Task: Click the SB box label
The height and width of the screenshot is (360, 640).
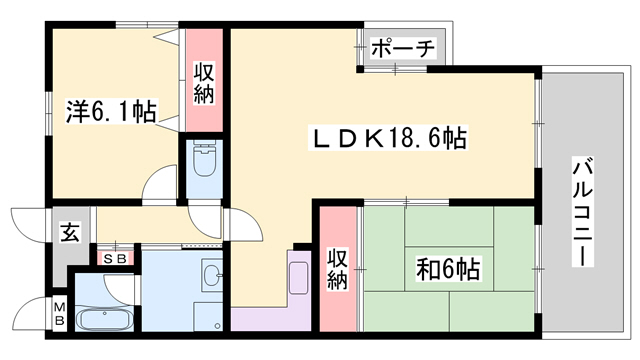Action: (115, 258)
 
